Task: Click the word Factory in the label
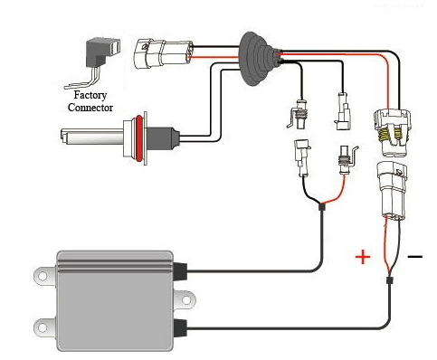90,95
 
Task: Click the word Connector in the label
90,108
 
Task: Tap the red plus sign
363,257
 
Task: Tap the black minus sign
415,257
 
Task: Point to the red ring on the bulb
138,137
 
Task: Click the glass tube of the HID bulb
92,137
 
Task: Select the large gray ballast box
115,301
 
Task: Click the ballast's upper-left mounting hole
42,276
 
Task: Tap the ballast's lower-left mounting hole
42,327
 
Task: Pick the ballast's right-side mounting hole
186,300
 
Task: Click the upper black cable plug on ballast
180,271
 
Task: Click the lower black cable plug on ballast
180,328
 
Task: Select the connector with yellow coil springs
392,132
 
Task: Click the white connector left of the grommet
163,53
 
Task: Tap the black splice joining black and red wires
322,207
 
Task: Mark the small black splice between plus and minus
390,279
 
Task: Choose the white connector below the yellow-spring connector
391,190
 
